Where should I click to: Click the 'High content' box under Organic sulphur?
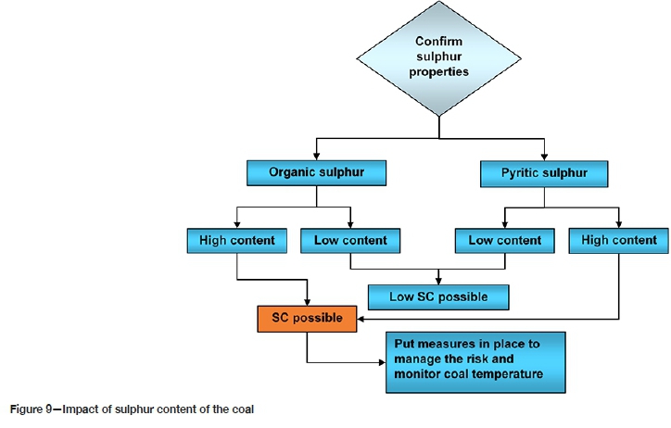(x=237, y=241)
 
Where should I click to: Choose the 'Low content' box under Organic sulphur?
(x=350, y=241)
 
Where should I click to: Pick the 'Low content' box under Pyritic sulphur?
(x=505, y=241)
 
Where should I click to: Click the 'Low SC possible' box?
(x=440, y=296)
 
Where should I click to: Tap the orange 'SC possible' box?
(x=307, y=318)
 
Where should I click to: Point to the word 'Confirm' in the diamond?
(x=438, y=42)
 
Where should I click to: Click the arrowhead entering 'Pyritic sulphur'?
(x=545, y=157)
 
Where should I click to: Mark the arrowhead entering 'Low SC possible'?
(x=440, y=281)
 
